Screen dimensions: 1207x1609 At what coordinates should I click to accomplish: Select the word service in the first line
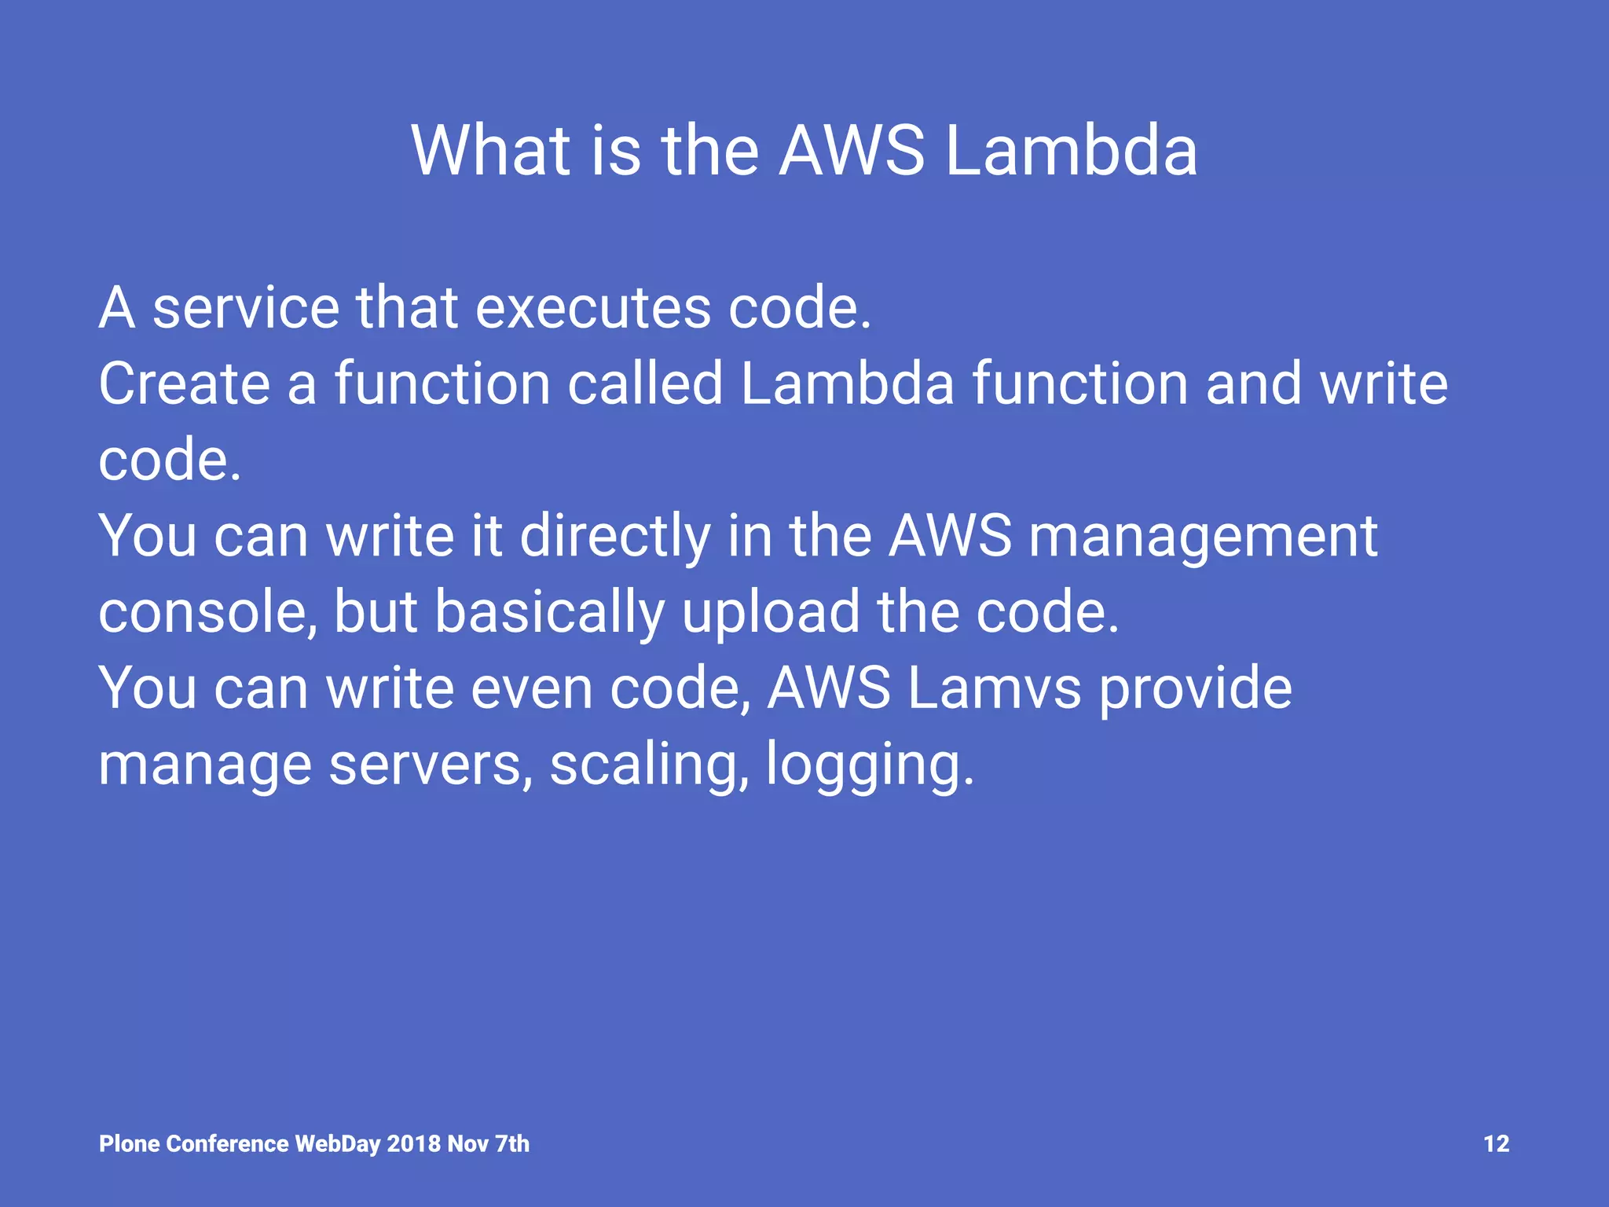(246, 307)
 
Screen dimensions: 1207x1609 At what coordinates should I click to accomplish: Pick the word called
(644, 383)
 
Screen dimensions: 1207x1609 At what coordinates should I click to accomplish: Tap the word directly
(615, 537)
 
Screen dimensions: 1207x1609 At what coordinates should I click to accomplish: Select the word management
(1203, 537)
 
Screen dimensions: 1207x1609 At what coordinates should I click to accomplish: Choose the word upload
(771, 612)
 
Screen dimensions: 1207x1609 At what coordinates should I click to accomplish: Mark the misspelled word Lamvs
(995, 688)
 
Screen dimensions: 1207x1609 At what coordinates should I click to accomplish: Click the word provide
(1195, 688)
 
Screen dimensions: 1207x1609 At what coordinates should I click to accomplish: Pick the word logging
(869, 764)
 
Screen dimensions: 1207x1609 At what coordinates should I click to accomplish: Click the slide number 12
(1496, 1143)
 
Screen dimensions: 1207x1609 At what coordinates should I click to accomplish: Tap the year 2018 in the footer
(413, 1143)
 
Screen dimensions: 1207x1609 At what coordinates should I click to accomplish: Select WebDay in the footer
(338, 1143)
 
